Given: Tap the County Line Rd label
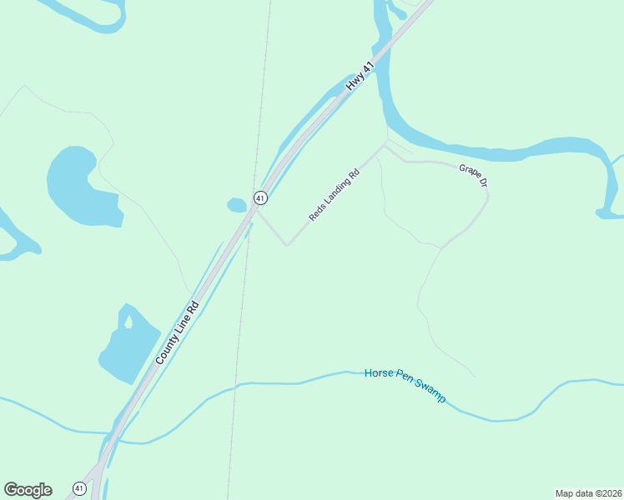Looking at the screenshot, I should click(177, 332).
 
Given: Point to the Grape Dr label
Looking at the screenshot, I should click(472, 175).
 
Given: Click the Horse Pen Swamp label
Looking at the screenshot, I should click(405, 384).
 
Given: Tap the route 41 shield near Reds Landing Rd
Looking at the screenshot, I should click(261, 198).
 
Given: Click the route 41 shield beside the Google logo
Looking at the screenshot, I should click(79, 488).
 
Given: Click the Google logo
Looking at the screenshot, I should click(28, 490).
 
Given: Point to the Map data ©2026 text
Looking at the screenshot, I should click(588, 493).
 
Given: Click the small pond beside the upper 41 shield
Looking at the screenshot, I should click(237, 204).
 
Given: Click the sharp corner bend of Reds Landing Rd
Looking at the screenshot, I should click(287, 245).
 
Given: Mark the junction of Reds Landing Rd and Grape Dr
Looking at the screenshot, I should click(385, 146).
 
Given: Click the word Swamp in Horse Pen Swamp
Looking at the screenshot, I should click(427, 392).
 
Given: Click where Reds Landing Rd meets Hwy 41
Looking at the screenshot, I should click(255, 209).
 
